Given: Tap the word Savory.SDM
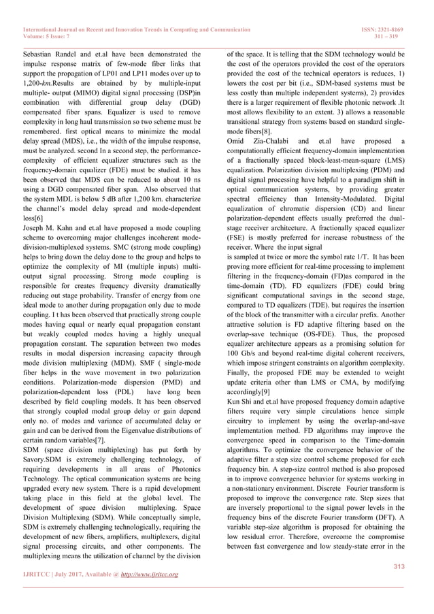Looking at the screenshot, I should click(39, 459).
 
